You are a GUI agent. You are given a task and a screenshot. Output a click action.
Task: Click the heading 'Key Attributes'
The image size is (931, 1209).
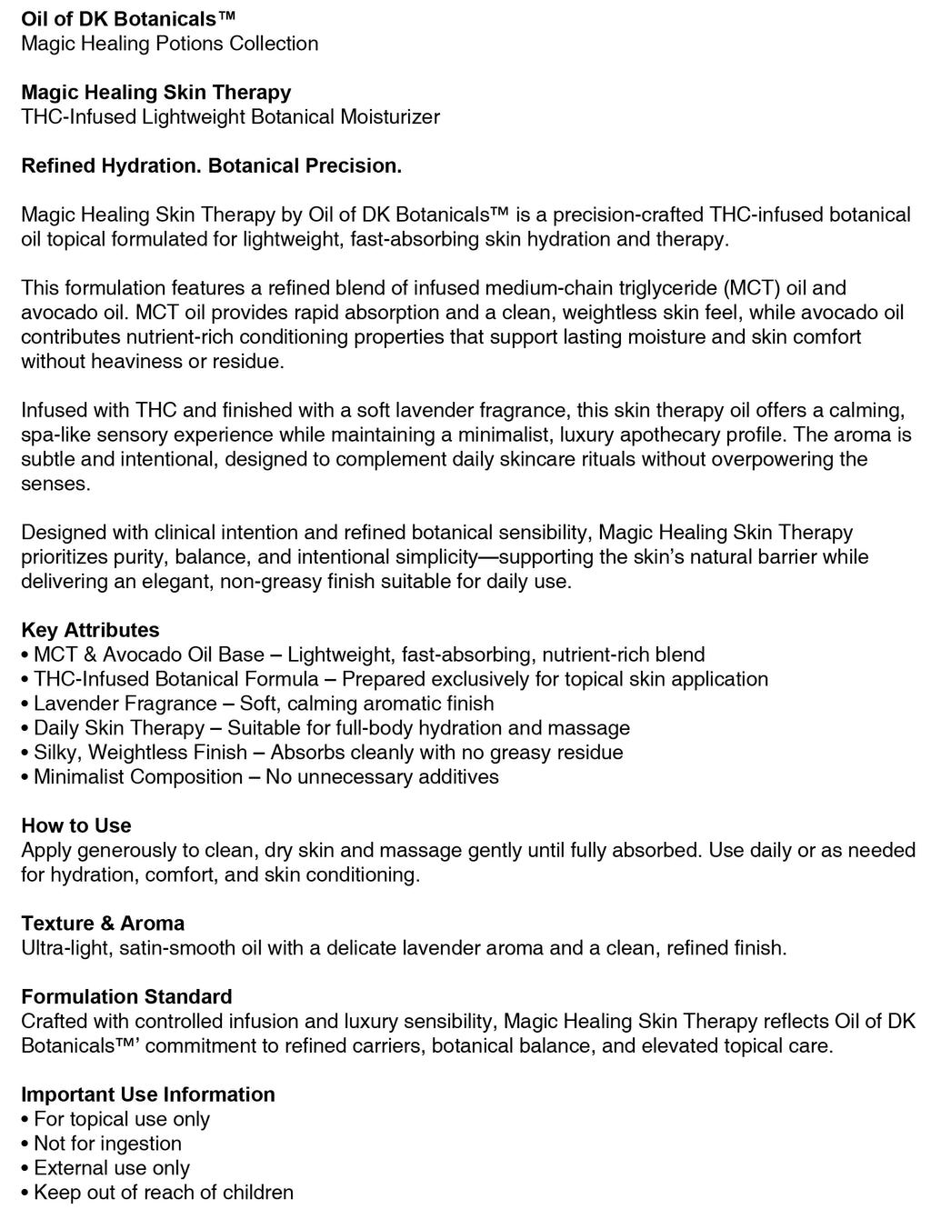(x=90, y=630)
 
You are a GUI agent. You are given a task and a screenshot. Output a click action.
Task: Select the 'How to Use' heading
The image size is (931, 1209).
(x=76, y=825)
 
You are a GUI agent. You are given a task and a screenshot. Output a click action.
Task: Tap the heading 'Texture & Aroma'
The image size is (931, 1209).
(x=103, y=923)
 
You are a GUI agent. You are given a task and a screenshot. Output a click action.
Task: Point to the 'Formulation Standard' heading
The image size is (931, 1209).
(x=126, y=996)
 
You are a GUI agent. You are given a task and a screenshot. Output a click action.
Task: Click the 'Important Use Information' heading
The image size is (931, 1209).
(x=148, y=1094)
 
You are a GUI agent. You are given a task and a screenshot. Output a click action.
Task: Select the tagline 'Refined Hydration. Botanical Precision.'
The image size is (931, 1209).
(x=211, y=165)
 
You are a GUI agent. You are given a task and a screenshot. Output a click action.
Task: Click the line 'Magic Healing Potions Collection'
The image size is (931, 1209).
(x=169, y=44)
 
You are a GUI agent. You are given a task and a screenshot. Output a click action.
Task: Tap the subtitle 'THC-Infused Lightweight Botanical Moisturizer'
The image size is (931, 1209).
(x=230, y=116)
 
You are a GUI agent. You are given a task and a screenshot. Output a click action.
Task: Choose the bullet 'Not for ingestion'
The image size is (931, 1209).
(x=107, y=1144)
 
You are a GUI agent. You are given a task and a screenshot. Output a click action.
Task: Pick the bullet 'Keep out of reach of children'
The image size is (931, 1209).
(x=164, y=1193)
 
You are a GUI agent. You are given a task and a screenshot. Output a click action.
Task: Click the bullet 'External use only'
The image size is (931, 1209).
(x=112, y=1168)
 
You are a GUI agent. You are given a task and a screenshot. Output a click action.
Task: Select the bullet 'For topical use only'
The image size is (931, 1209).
(x=122, y=1119)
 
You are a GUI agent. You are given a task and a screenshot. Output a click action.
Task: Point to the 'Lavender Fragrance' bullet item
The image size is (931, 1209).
(x=125, y=704)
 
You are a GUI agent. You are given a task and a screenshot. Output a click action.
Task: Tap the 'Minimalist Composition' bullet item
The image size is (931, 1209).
(x=138, y=777)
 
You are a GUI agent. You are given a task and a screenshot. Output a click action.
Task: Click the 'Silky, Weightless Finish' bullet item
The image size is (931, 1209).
(x=140, y=753)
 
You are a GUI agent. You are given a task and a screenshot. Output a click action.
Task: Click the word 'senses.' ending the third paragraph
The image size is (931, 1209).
(x=55, y=484)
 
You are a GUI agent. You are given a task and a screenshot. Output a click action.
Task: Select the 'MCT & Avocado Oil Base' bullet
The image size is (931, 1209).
(x=149, y=654)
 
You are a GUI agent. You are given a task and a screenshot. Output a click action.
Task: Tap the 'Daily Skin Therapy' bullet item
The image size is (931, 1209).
(x=119, y=728)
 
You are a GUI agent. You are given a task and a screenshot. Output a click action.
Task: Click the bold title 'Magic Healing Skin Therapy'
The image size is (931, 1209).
(x=156, y=92)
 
